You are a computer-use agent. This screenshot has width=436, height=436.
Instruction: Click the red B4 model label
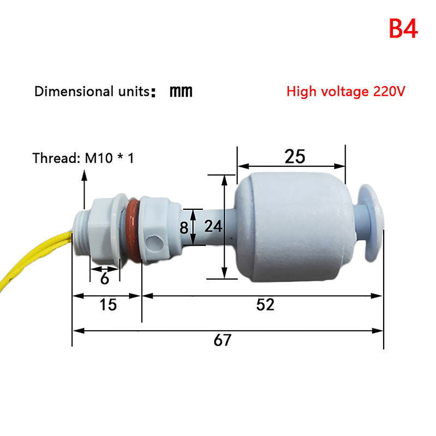[x=403, y=29]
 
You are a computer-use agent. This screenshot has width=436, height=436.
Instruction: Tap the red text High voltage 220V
[x=346, y=92]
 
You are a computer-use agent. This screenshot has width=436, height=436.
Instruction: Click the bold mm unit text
[x=181, y=92]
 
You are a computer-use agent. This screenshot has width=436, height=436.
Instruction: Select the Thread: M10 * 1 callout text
[x=83, y=158]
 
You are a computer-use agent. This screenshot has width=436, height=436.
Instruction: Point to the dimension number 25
[x=295, y=156]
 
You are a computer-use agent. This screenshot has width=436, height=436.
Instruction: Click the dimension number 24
[x=213, y=226]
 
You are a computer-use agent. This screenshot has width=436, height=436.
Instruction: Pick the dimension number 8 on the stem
[x=184, y=228]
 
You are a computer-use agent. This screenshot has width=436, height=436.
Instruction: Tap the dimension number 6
[x=105, y=278]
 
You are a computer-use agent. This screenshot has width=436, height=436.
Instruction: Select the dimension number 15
[x=108, y=305]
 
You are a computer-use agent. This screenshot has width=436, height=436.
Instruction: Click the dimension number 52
[x=265, y=305]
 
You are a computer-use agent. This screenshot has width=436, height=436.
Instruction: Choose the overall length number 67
[x=222, y=340]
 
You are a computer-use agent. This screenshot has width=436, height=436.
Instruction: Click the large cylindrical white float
[x=295, y=227]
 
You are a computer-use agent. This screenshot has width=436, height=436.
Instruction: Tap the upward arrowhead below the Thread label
[x=84, y=175]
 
